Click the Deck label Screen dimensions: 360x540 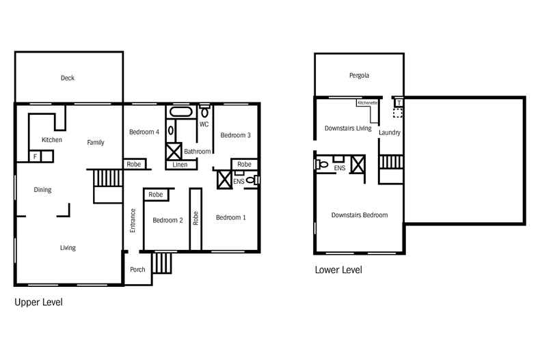point(67,78)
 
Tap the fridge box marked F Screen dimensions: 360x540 point(36,156)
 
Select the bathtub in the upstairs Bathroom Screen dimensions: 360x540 point(181,111)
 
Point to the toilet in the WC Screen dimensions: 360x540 point(204,110)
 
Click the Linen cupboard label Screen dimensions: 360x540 point(180,165)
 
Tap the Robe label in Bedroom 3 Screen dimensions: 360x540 point(244,165)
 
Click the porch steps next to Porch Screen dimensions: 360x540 point(162,262)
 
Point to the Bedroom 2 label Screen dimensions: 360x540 point(167,220)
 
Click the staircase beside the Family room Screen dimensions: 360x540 point(107,178)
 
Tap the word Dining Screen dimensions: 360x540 point(42,190)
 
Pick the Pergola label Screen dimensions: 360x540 point(359,75)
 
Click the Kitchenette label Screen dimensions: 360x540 point(367,102)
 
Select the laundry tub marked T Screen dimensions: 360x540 point(399,102)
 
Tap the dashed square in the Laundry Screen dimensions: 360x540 point(397,113)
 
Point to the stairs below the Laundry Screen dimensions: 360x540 point(390,162)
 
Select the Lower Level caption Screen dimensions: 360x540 point(338,270)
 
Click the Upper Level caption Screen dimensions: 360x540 point(38,301)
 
